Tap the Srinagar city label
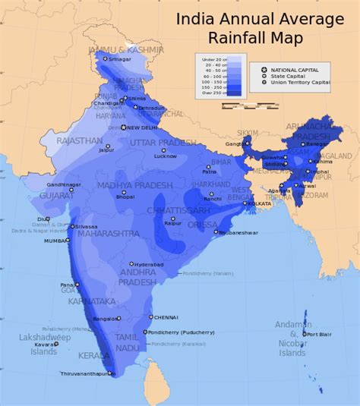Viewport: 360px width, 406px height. coord(120,58)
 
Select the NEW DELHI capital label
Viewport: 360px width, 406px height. coord(147,127)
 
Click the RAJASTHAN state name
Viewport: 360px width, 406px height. coord(80,141)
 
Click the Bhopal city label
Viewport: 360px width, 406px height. coord(125,197)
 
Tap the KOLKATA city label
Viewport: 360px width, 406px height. coord(259,203)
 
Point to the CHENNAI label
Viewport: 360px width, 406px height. coord(166,317)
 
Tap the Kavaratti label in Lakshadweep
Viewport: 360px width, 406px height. coord(44,344)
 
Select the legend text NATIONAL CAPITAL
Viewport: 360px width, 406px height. coord(300,70)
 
